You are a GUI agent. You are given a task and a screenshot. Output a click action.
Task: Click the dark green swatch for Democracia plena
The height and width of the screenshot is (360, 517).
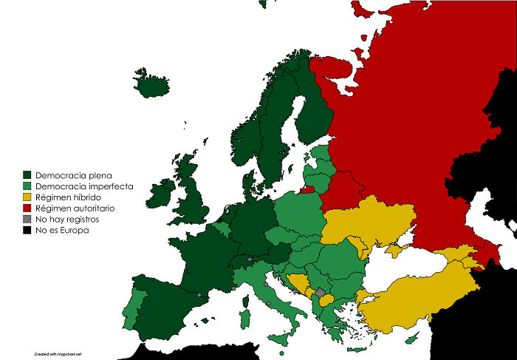(x=27, y=175)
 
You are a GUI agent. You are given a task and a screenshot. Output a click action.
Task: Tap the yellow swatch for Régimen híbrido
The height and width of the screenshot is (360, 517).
(x=27, y=197)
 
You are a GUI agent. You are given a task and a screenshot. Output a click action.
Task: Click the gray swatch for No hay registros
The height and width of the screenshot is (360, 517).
(x=27, y=220)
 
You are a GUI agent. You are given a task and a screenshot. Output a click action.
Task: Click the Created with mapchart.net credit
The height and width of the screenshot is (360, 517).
(x=58, y=354)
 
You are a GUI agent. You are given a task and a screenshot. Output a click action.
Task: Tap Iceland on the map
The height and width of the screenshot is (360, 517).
(x=154, y=83)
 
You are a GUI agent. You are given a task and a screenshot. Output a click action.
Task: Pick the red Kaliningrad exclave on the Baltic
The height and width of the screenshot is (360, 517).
(x=307, y=189)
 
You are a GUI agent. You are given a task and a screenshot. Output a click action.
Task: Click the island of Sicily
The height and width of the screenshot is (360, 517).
(x=281, y=339)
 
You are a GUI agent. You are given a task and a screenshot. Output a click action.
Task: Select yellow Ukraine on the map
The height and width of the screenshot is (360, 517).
(x=369, y=222)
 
